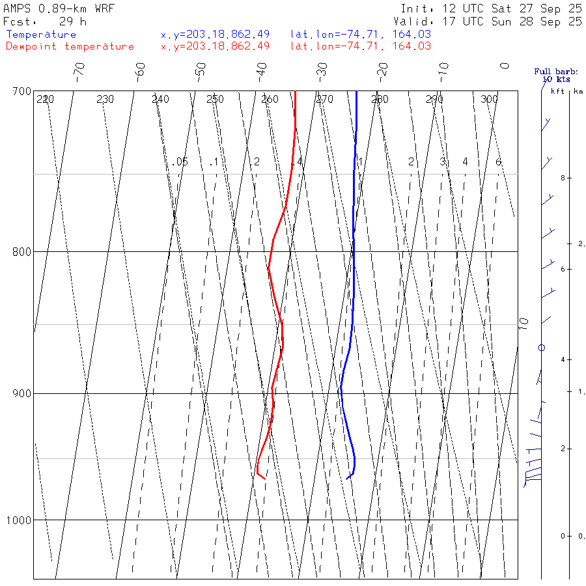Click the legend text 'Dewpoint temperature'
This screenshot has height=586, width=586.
click(70, 46)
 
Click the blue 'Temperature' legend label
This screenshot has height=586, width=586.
click(41, 35)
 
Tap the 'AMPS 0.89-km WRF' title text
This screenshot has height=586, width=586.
click(59, 9)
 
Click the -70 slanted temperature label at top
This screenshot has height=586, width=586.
click(79, 70)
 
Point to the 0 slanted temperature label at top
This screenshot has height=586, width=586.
click(504, 66)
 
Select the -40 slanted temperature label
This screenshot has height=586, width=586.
click(261, 70)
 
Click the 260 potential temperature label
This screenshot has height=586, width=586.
click(270, 100)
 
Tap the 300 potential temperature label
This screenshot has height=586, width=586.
click(489, 100)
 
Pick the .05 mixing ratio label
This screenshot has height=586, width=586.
click(181, 161)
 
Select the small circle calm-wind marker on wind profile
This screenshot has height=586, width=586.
click(541, 348)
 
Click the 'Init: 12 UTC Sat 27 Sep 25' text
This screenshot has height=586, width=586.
click(492, 9)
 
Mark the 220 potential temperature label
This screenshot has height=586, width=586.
click(45, 100)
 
